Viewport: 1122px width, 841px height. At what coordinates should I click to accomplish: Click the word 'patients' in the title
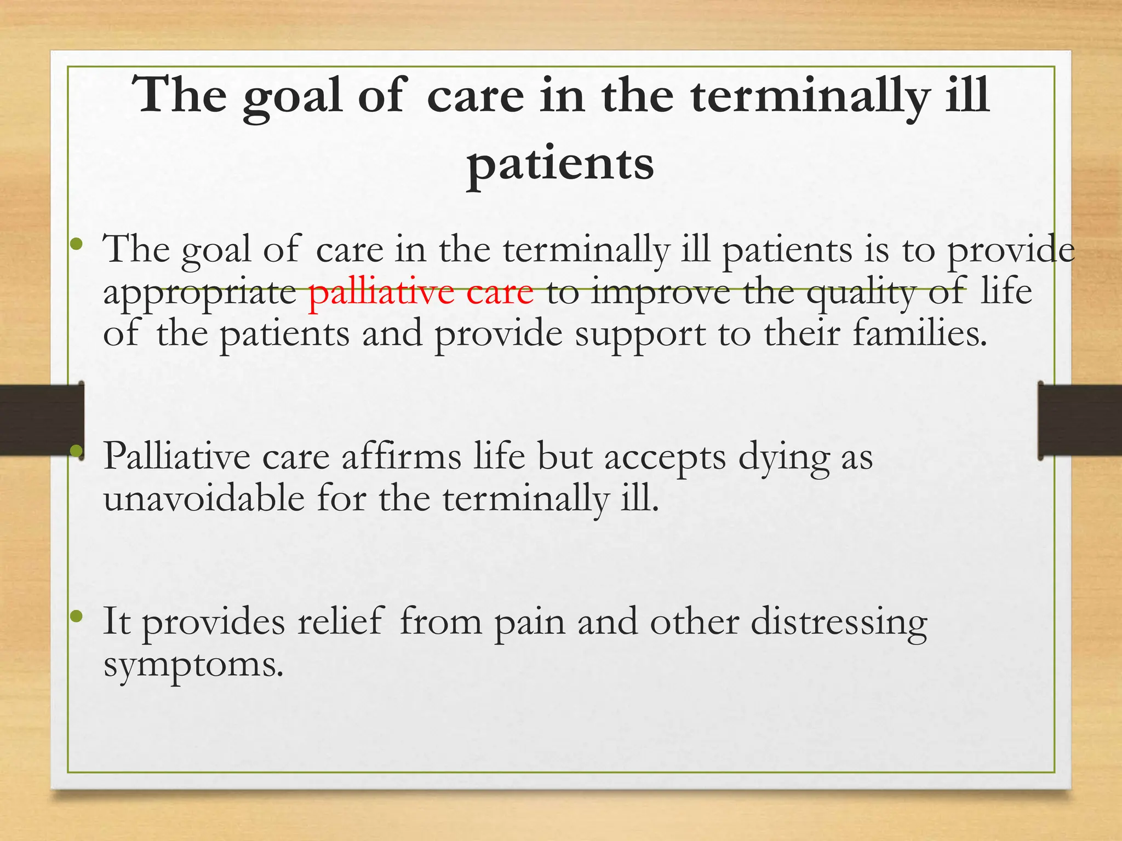(560, 164)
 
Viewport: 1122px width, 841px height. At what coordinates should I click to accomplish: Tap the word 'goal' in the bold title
(293, 96)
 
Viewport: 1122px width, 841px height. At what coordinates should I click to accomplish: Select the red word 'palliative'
(381, 292)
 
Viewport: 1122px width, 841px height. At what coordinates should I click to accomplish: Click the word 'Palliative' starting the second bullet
(176, 456)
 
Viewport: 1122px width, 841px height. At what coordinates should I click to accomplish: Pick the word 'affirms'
(402, 456)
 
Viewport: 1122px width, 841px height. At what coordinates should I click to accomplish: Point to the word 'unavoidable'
(204, 499)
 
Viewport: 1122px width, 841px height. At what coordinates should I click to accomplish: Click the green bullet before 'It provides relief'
(77, 617)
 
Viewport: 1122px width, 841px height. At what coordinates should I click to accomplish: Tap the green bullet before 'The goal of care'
(77, 243)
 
